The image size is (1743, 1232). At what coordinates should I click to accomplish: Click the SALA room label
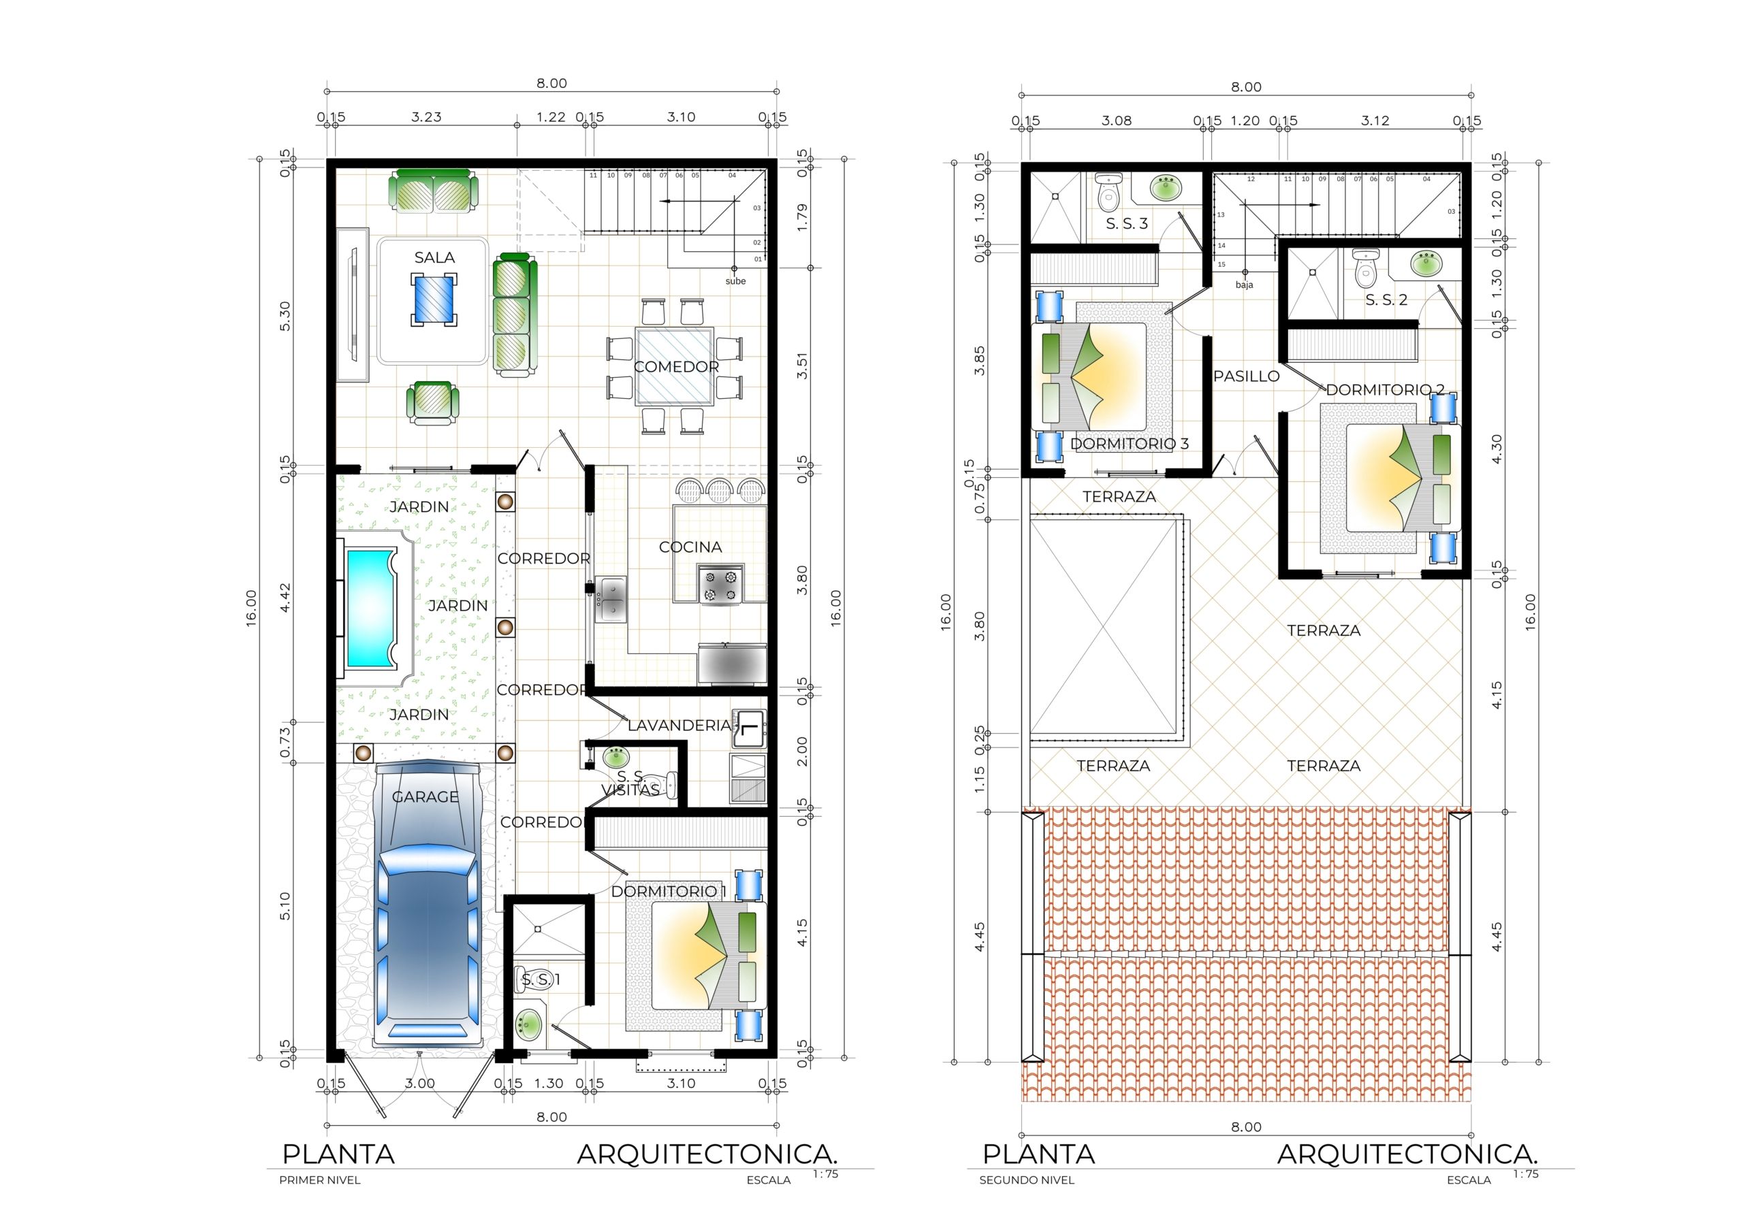[434, 257]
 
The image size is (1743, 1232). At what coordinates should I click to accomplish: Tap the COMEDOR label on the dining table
[676, 367]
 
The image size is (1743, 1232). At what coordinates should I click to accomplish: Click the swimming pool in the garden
[370, 608]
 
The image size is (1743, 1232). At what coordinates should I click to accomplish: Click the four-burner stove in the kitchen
[720, 585]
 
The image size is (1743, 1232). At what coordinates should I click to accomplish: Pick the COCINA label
[690, 547]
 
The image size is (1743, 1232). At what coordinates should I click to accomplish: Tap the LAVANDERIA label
[679, 725]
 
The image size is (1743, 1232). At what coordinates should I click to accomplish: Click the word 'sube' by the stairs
[735, 281]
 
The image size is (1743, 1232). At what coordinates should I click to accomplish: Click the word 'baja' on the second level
[1244, 285]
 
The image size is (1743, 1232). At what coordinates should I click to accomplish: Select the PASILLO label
[1246, 376]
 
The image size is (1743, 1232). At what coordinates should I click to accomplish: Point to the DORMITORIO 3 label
[1130, 443]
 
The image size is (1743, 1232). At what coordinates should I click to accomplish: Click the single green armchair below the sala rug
[433, 402]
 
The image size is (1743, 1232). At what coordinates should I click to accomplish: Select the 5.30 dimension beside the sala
[285, 317]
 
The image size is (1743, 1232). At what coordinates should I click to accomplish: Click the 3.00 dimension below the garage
[419, 1083]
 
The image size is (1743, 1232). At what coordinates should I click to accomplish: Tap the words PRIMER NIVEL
[319, 1180]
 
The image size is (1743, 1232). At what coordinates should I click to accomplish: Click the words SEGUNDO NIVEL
[1026, 1180]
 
